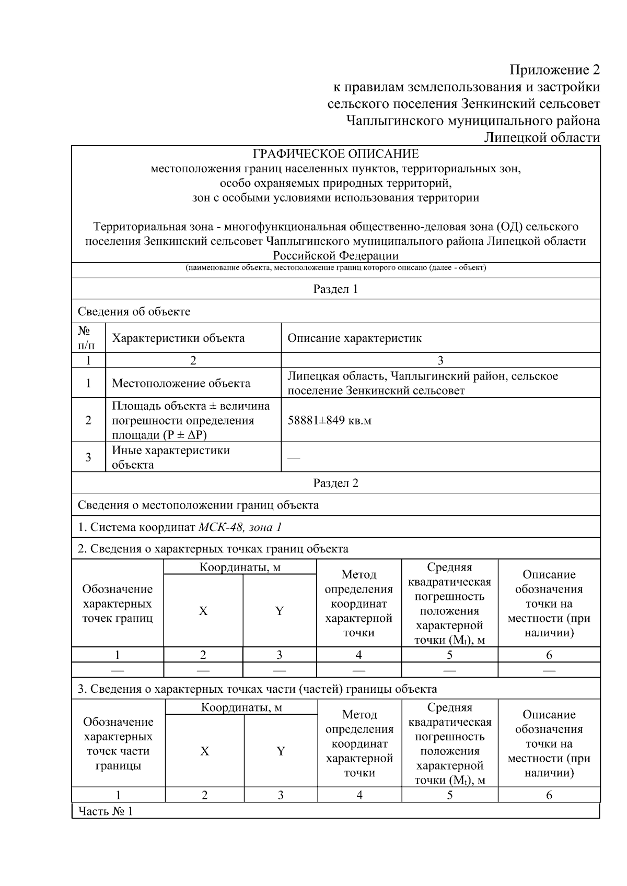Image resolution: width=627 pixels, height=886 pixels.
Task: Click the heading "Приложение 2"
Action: (554, 69)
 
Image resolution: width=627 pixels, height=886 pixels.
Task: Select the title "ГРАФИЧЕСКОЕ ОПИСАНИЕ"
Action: (335, 154)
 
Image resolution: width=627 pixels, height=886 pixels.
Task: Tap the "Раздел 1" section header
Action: (335, 289)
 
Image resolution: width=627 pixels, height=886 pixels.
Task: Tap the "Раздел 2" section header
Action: (335, 483)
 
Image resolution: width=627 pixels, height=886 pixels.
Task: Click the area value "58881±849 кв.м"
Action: (329, 420)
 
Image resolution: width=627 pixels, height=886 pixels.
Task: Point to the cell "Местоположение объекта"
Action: (181, 383)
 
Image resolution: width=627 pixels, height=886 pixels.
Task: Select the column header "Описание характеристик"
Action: (354, 338)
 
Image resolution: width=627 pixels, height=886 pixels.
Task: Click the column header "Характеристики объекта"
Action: (178, 338)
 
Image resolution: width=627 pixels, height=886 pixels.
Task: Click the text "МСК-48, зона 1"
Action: (240, 527)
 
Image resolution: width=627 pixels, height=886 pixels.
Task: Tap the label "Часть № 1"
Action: (106, 811)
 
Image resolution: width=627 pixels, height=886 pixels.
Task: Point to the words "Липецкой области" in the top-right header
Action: (541, 137)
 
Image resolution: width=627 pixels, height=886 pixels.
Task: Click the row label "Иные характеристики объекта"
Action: (170, 457)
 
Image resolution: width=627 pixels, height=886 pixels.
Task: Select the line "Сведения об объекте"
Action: (134, 312)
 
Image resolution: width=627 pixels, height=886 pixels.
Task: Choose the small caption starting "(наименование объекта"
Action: (335, 268)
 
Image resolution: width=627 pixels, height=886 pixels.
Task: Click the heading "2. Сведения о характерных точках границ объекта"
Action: (213, 549)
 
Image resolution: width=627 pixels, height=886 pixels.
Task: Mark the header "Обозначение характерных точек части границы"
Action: (118, 743)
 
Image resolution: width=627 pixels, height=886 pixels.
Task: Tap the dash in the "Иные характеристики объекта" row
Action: (294, 458)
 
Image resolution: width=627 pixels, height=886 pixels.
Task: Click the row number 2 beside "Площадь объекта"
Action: (88, 420)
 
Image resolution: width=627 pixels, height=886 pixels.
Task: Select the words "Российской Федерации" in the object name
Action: (335, 256)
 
